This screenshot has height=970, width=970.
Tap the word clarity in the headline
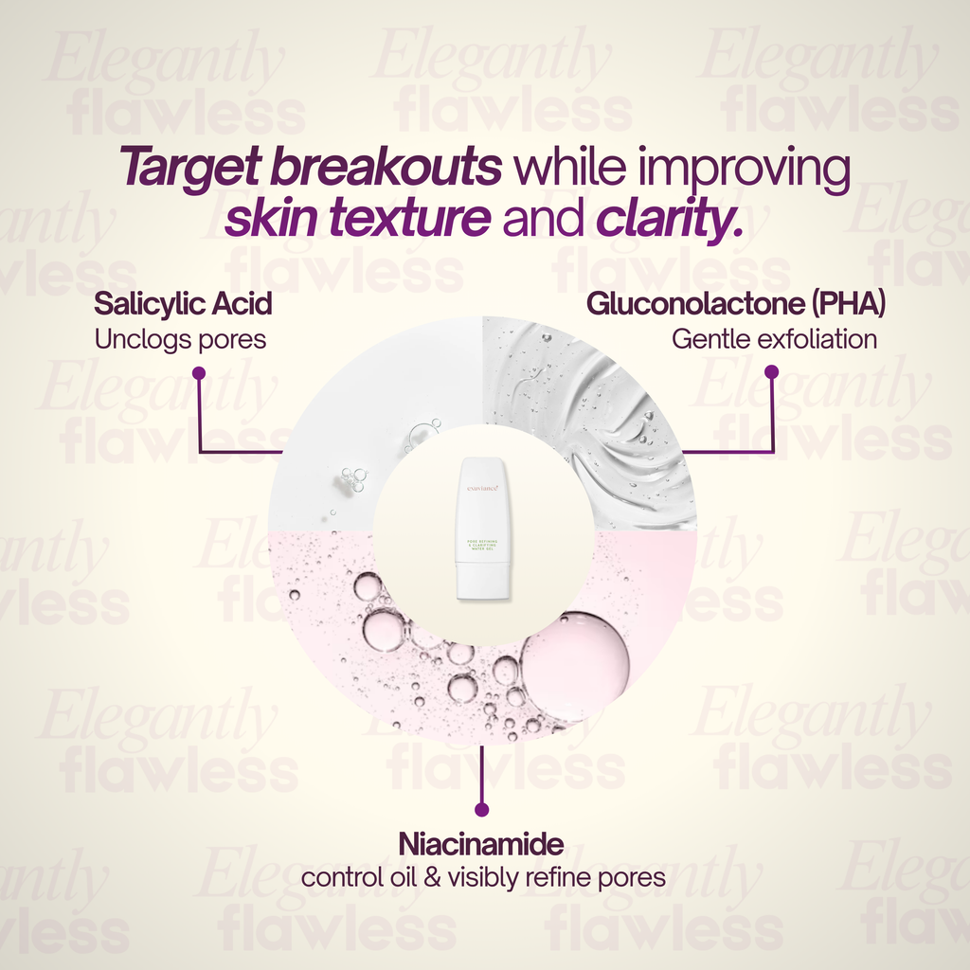point(669,219)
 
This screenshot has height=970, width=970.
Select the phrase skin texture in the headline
point(358,219)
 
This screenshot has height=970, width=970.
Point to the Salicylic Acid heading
point(183,304)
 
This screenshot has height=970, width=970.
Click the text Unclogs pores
point(180,339)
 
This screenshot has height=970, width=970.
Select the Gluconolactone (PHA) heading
point(736,304)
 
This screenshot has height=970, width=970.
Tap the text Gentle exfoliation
point(774,339)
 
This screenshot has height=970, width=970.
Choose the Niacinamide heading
point(481,843)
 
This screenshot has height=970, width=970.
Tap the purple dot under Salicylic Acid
point(199,373)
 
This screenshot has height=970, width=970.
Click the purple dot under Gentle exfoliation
point(771,373)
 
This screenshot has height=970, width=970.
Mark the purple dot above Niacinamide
point(481,809)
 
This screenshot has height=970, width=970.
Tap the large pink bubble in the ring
point(576,655)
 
